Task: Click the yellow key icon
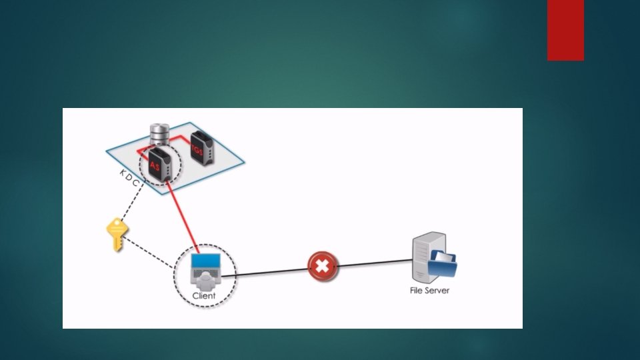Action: [117, 235]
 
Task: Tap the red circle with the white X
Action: [323, 267]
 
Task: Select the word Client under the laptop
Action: [204, 295]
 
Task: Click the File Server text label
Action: [429, 291]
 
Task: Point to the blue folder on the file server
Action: [443, 264]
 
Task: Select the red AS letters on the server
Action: [155, 165]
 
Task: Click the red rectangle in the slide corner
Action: [565, 30]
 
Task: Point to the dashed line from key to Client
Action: [151, 256]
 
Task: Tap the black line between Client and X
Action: [267, 272]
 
